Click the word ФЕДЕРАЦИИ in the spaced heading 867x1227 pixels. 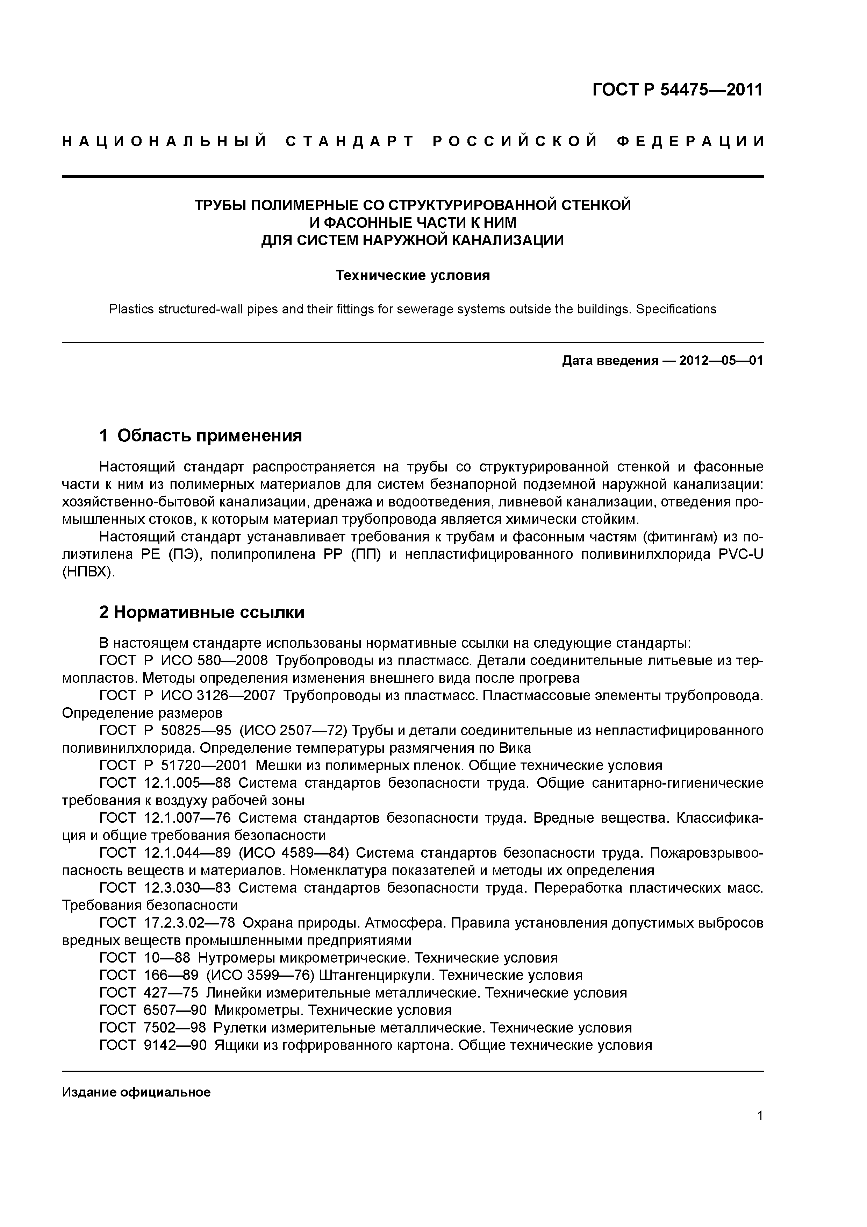point(690,142)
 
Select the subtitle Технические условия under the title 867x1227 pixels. point(413,275)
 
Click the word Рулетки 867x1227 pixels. point(239,1028)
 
